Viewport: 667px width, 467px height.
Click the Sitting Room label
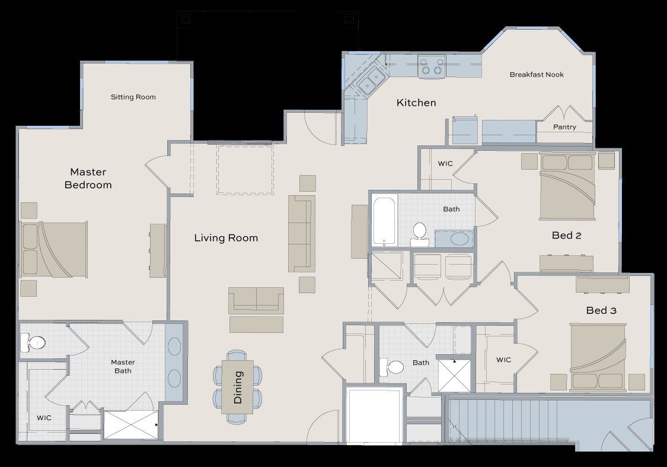coord(133,97)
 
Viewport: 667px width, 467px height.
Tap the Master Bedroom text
coord(88,178)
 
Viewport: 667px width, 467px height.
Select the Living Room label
coord(226,238)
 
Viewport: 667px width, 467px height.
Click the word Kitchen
coord(416,103)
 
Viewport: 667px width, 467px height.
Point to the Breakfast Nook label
coord(537,75)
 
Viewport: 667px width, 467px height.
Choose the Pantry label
coord(564,127)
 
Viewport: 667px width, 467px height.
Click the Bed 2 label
coord(566,236)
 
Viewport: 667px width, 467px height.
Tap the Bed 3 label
coord(602,310)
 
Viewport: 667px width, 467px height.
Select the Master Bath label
coord(123,366)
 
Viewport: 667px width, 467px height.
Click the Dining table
coord(238,386)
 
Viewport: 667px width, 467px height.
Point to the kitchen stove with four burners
coord(431,65)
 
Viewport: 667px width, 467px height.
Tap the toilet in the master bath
coord(33,342)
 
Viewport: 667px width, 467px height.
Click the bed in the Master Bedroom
coord(55,249)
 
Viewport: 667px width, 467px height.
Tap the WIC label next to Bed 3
coord(503,360)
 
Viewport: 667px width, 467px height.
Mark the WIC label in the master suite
coord(44,418)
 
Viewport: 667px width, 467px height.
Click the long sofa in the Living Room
coord(301,233)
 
